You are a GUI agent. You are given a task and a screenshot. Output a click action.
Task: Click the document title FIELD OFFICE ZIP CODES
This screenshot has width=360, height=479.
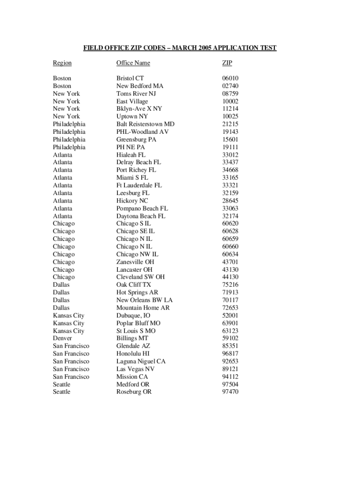[180, 48]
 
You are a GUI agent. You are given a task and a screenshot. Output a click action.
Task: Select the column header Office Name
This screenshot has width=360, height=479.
[133, 63]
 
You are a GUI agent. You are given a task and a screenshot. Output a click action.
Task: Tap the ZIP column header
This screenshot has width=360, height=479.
[227, 63]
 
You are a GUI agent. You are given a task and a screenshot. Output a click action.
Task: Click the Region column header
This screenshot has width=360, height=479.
[62, 63]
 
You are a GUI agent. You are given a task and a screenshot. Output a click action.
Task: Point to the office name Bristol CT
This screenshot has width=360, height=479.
[130, 79]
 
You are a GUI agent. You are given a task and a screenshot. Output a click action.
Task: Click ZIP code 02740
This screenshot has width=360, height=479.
[230, 86]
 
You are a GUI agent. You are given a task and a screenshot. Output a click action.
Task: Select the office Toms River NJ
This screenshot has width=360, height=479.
[136, 94]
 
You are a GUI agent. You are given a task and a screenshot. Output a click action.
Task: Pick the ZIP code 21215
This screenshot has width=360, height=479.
[230, 124]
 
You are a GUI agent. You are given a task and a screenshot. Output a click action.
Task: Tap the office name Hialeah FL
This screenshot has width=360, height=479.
[131, 155]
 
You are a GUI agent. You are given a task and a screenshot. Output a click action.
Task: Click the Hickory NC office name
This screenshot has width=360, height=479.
[132, 201]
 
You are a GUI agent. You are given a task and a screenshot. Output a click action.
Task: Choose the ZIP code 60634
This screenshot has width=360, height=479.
[230, 254]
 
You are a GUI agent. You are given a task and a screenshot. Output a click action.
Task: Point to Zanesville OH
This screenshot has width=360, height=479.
[135, 262]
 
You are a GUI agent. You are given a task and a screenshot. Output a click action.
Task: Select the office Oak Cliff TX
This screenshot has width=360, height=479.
[134, 285]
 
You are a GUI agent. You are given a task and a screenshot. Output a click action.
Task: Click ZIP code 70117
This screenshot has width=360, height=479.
[230, 300]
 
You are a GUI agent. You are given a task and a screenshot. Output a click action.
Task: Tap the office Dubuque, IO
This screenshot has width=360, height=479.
[133, 316]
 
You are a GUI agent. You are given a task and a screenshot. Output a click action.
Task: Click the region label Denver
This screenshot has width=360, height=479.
[63, 339]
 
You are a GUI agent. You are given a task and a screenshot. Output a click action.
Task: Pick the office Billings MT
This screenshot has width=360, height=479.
[132, 339]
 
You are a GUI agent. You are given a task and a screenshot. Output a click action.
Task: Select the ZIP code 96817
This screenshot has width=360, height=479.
[230, 354]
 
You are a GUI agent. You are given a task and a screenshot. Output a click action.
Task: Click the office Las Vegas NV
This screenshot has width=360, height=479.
[135, 369]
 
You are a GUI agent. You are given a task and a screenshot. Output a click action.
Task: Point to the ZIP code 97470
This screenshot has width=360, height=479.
[230, 392]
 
